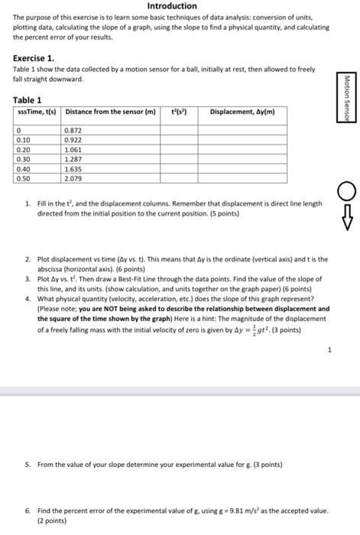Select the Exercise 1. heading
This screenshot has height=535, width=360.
(34, 58)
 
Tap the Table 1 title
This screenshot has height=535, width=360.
(28, 100)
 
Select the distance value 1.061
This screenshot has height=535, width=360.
(75, 151)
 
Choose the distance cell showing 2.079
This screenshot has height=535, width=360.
(75, 178)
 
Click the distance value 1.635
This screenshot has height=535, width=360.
(75, 169)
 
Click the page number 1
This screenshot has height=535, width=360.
(329, 351)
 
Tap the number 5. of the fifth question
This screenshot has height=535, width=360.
(28, 464)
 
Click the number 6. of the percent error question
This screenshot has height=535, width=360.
(28, 510)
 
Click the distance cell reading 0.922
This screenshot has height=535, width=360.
(75, 141)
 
